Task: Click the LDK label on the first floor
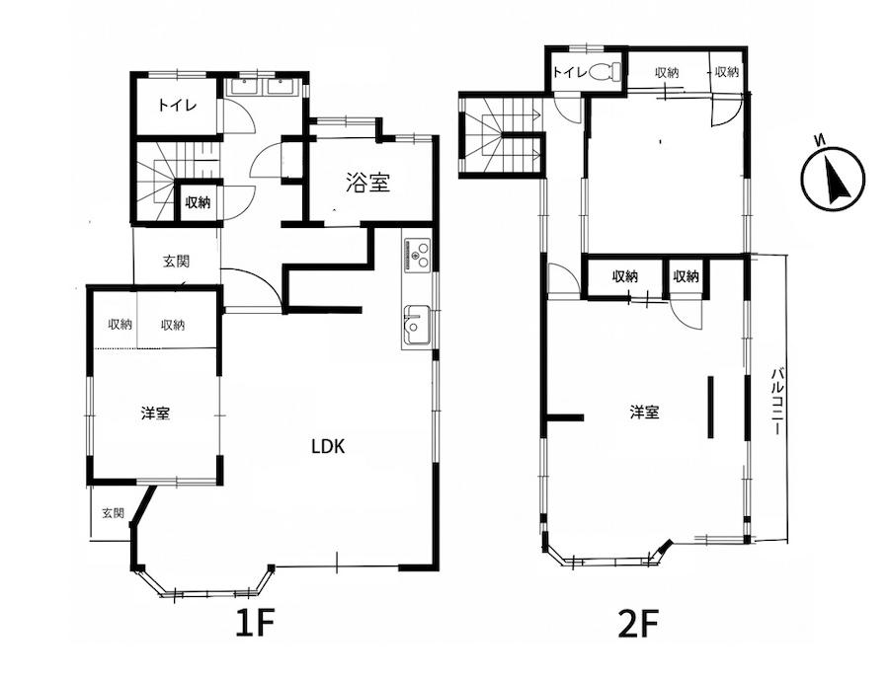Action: pyautogui.click(x=328, y=446)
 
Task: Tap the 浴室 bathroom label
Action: pyautogui.click(x=368, y=183)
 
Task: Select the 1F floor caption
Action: pyautogui.click(x=255, y=624)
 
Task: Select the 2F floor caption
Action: pyautogui.click(x=638, y=624)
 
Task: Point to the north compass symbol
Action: pyautogui.click(x=834, y=179)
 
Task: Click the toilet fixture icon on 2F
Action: pyautogui.click(x=605, y=72)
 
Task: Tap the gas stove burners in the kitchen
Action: pyautogui.click(x=417, y=254)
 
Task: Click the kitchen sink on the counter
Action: pyautogui.click(x=417, y=327)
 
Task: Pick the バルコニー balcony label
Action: pyautogui.click(x=778, y=401)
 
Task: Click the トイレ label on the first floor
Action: pyautogui.click(x=177, y=106)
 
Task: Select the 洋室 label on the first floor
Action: pyautogui.click(x=155, y=413)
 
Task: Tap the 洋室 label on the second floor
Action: pyautogui.click(x=645, y=412)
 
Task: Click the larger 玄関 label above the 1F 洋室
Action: pyautogui.click(x=177, y=262)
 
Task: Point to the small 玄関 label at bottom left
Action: pyautogui.click(x=113, y=513)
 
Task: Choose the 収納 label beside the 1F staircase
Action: pyautogui.click(x=198, y=202)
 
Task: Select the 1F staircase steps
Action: pyautogui.click(x=177, y=181)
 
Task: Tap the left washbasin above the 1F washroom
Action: pyautogui.click(x=243, y=87)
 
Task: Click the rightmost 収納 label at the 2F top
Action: pyautogui.click(x=726, y=72)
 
